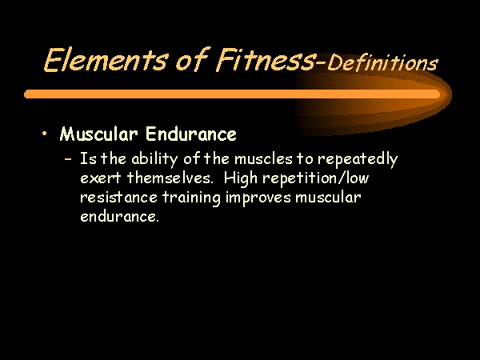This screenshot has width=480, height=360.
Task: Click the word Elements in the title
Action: pyautogui.click(x=106, y=59)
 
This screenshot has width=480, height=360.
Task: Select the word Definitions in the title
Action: pyautogui.click(x=382, y=63)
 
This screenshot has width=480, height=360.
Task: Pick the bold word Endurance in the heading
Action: pyautogui.click(x=191, y=134)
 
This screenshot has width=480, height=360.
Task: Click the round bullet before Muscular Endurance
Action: pyautogui.click(x=45, y=133)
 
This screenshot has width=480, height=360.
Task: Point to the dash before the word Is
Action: pyautogui.click(x=68, y=159)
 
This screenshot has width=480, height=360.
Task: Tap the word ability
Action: pyautogui.click(x=154, y=159)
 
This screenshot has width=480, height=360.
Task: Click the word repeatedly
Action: pyautogui.click(x=358, y=159)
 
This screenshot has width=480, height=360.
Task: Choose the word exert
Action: pyautogui.click(x=101, y=178)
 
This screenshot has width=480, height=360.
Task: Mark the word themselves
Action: pyautogui.click(x=170, y=178)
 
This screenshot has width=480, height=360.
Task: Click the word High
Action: pyautogui.click(x=240, y=178)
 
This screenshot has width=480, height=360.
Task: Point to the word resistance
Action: pyautogui.click(x=118, y=197)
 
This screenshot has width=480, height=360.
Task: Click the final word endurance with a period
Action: pyautogui.click(x=119, y=216)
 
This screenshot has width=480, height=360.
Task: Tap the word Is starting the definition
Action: pyautogui.click(x=88, y=159)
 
